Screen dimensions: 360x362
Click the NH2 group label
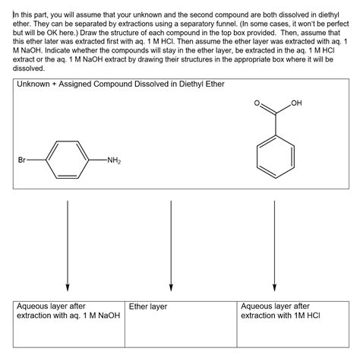(114, 160)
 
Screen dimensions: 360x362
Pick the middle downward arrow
(171, 243)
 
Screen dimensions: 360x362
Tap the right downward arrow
(274, 243)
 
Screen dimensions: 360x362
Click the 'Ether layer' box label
(148, 306)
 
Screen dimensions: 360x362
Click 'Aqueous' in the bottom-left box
(35, 306)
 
